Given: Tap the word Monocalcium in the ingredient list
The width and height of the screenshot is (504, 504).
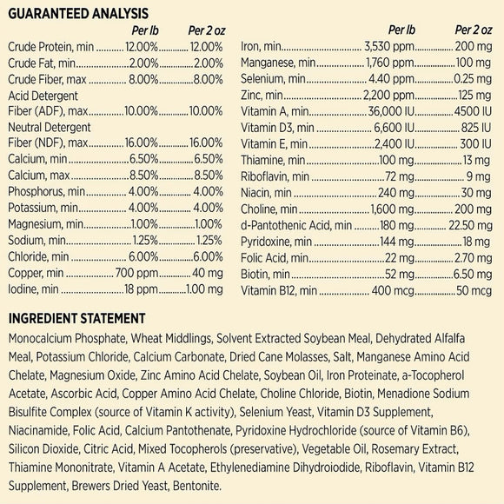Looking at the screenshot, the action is [40, 342].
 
